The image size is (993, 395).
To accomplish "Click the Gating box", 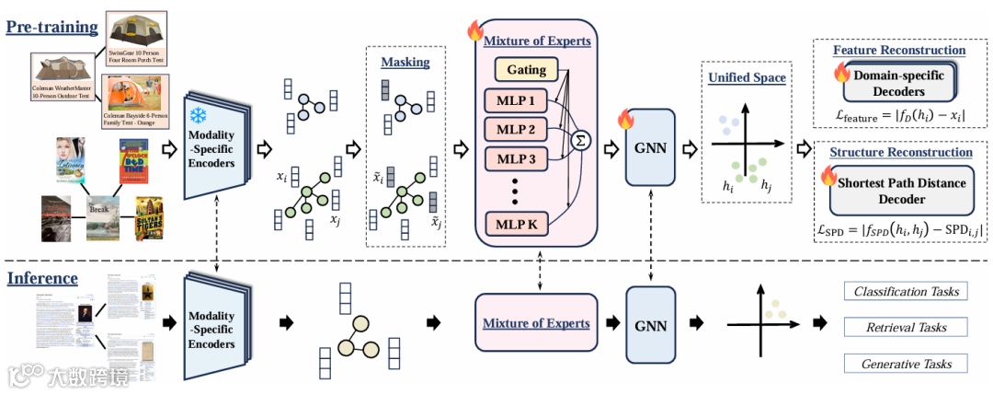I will tap(525, 70).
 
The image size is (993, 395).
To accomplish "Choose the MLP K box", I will tap(514, 222).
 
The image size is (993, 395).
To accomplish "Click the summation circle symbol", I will tap(580, 139).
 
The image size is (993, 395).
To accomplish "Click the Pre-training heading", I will tap(52, 27).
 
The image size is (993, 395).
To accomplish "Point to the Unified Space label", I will tap(747, 78).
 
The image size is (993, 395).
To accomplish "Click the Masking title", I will tap(405, 62).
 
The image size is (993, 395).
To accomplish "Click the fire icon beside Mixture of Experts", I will tap(475, 31).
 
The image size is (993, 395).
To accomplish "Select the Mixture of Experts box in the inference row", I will tap(536, 323).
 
